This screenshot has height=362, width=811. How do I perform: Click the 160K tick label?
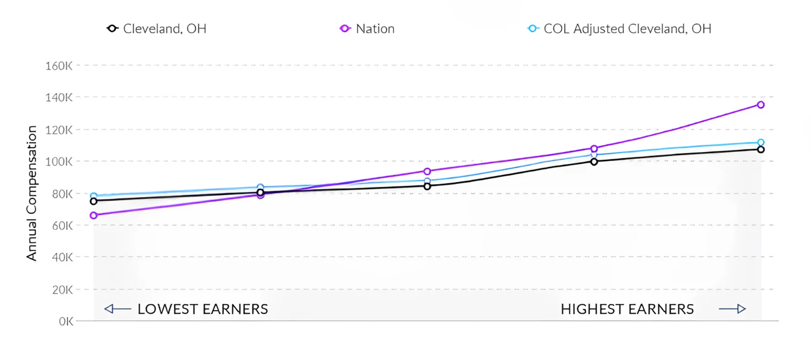[58, 66]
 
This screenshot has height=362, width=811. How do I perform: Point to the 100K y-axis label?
[58, 162]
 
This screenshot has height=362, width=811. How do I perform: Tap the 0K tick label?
[66, 322]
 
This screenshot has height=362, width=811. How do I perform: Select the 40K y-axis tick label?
[62, 257]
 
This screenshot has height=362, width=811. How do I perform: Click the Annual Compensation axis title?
[31, 193]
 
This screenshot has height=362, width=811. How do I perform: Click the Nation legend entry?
[367, 29]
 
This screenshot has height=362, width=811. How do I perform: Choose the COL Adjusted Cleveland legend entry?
[619, 29]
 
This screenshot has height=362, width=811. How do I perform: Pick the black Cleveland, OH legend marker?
[112, 29]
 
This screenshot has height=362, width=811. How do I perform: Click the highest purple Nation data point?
[761, 105]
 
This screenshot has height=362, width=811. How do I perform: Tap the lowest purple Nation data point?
[94, 215]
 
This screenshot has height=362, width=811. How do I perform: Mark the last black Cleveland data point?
[761, 149]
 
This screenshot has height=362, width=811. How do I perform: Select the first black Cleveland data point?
[94, 201]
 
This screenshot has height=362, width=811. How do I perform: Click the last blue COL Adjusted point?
[761, 142]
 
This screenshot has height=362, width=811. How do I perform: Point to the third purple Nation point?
[427, 171]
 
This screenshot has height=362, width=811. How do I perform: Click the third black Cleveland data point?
[427, 186]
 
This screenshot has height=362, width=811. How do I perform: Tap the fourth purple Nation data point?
[594, 148]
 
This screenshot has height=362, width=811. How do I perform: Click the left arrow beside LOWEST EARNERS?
[117, 309]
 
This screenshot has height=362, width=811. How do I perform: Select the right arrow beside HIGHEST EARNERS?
[732, 309]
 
